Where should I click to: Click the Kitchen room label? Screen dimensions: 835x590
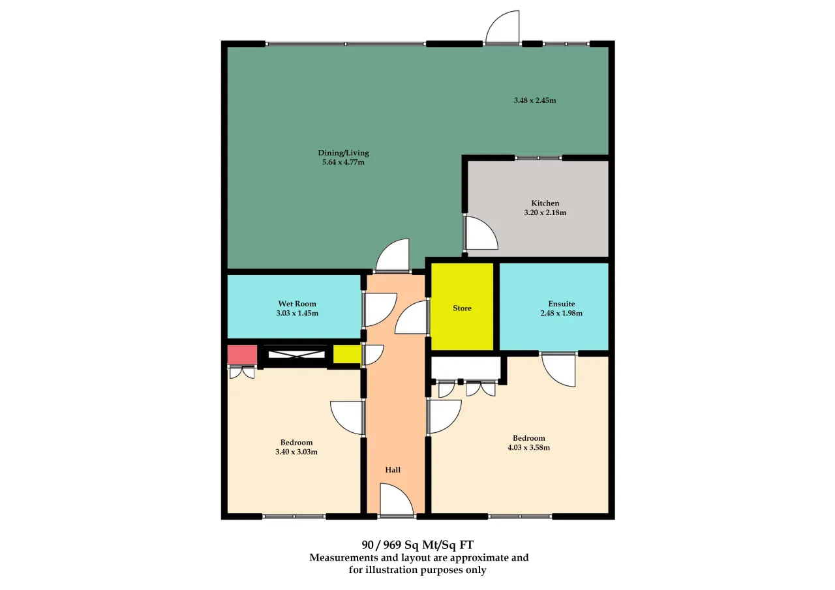[545, 203]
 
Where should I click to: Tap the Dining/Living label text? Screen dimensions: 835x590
[343, 153]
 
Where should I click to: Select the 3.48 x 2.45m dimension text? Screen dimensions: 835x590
[535, 100]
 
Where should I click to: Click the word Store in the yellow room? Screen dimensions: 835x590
[462, 308]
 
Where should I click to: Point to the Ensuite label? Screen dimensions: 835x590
[562, 304]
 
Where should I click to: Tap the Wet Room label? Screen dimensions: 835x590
[297, 304]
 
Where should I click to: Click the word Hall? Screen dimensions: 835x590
[393, 470]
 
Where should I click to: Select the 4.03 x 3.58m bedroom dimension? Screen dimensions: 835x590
[528, 448]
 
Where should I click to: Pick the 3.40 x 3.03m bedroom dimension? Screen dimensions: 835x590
[296, 452]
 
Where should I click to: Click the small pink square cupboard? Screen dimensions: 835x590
[242, 354]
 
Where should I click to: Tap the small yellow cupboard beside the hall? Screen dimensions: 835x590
[346, 354]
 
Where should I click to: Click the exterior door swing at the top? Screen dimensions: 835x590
[502, 27]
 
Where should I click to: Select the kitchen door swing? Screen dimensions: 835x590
[481, 233]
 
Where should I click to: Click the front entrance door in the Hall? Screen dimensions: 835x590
[397, 500]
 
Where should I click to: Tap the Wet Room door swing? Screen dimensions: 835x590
[380, 310]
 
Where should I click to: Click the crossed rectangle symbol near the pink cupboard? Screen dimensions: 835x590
[296, 354]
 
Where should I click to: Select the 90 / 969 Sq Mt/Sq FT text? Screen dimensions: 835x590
[417, 545]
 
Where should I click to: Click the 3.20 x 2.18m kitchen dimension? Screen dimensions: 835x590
[545, 213]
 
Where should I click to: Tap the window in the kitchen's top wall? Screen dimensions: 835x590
[539, 158]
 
